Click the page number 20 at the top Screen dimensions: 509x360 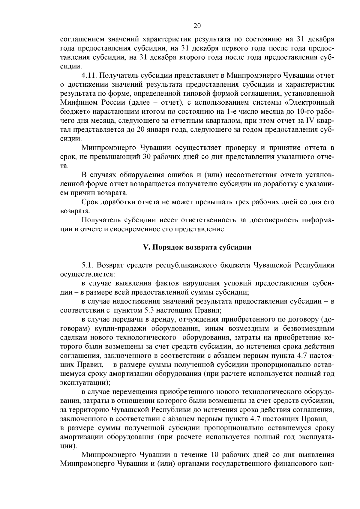[197, 26]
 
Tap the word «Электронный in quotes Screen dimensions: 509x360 [309, 103]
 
